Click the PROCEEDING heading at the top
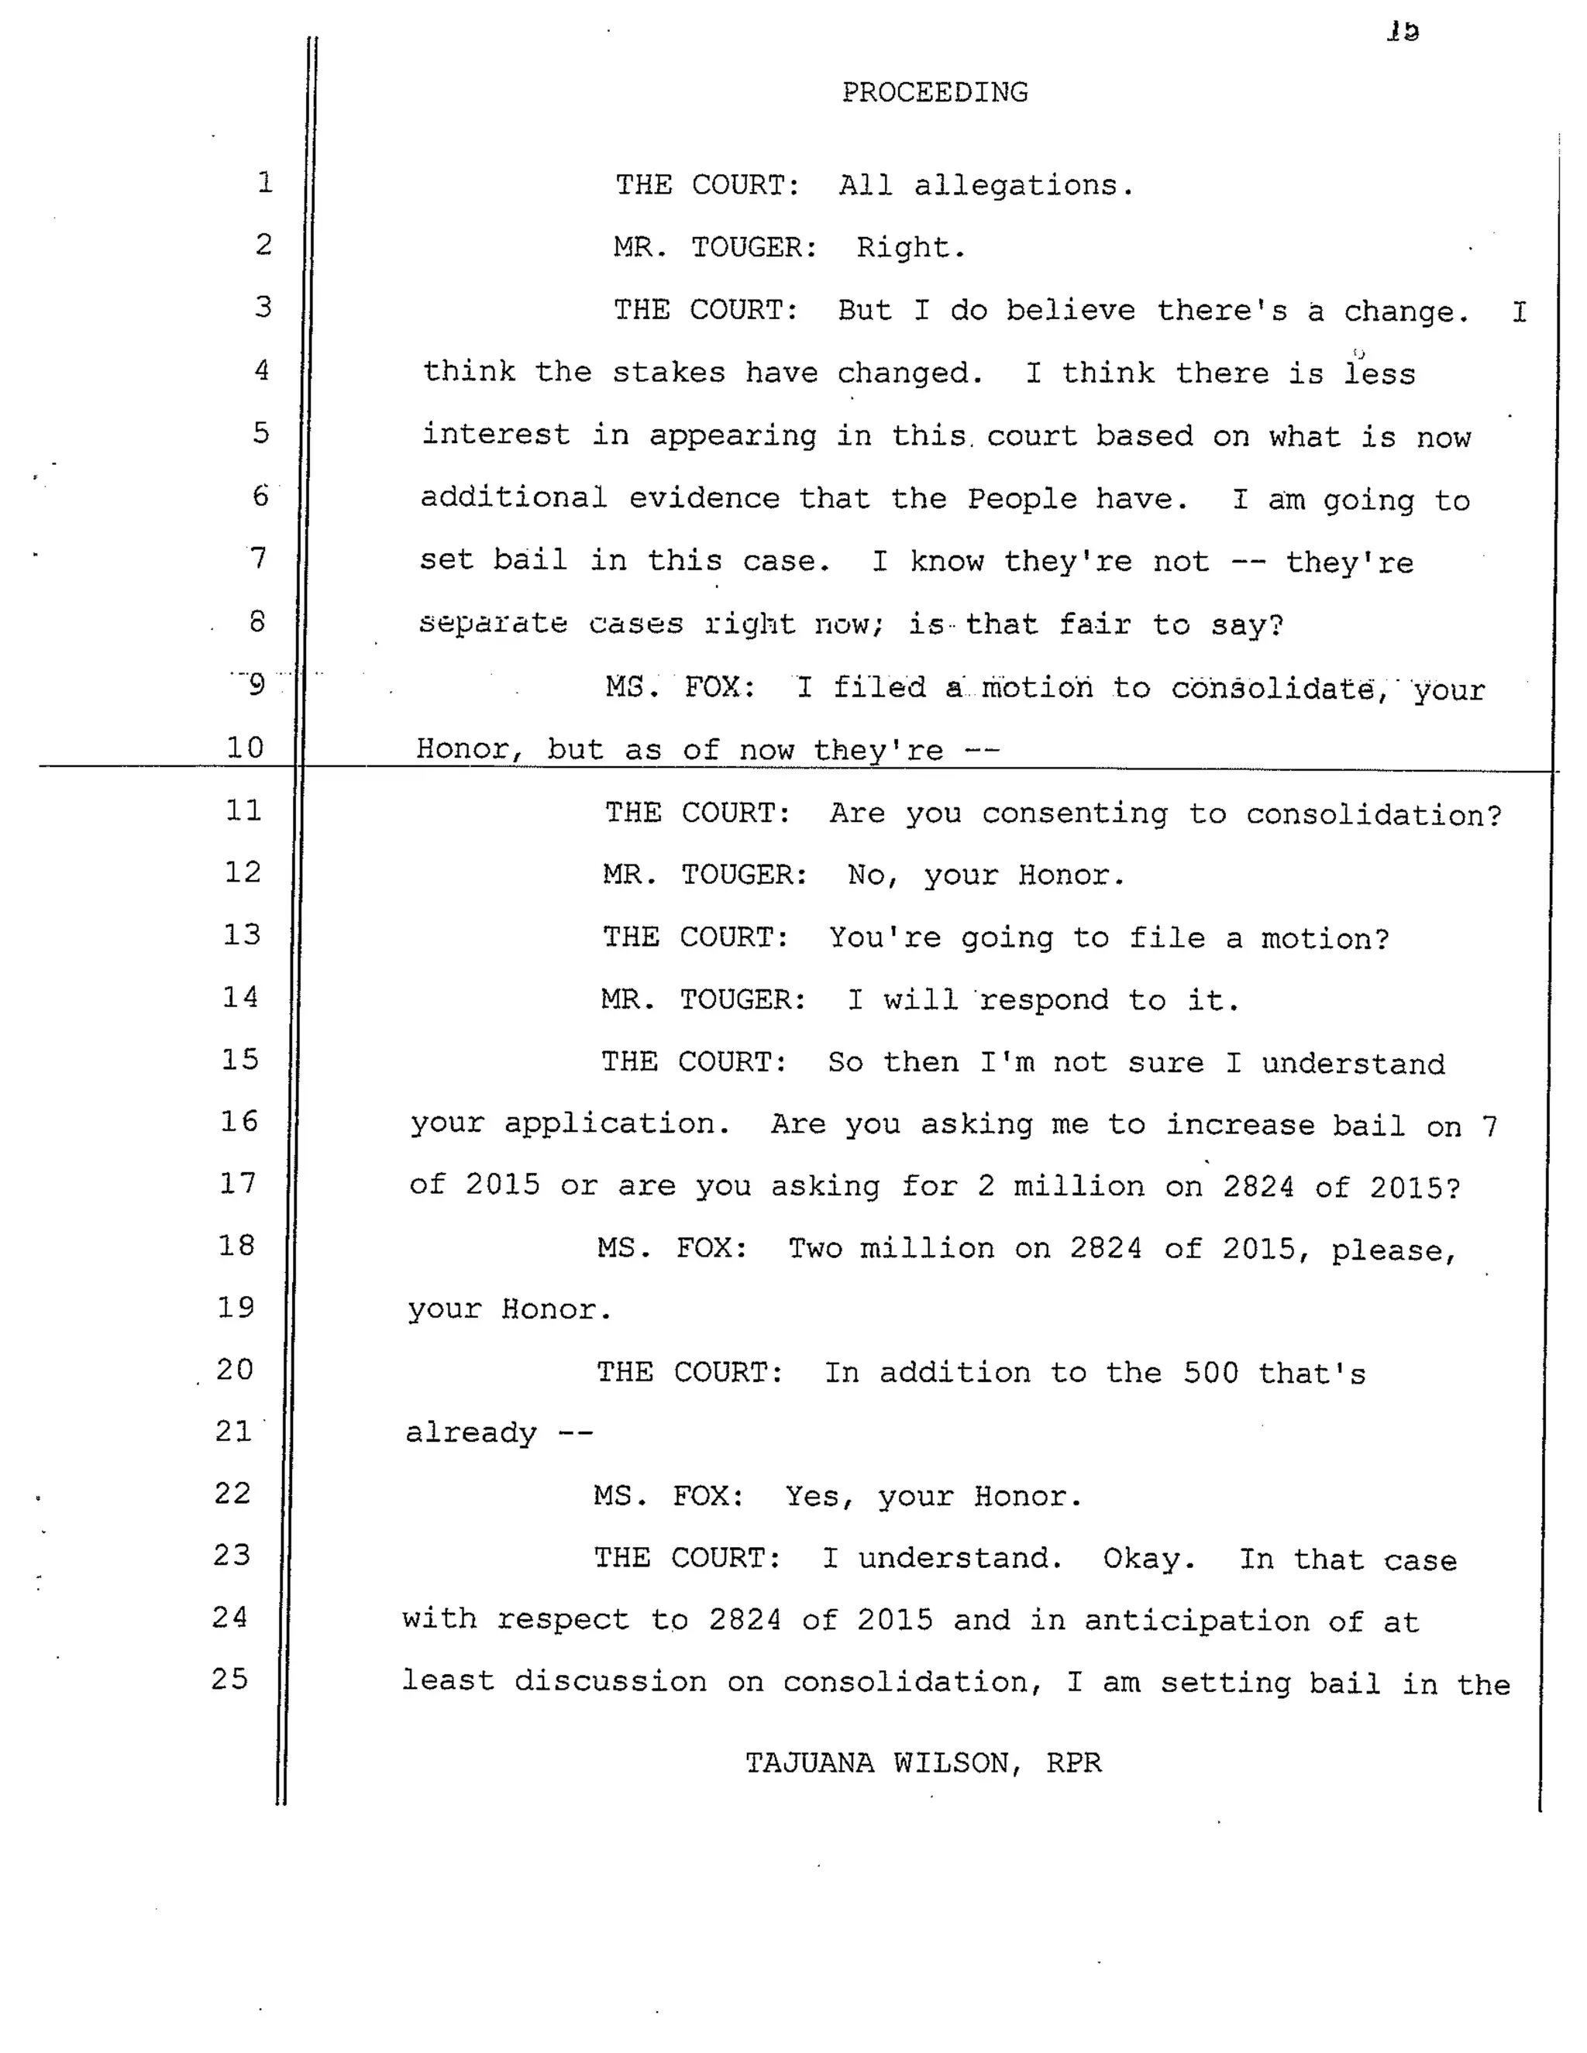(935, 92)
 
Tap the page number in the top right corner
(1403, 32)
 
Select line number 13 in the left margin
(242, 934)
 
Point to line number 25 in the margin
(230, 1679)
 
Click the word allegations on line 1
(1024, 185)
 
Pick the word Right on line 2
(910, 248)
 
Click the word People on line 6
(1022, 498)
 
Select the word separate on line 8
(494, 623)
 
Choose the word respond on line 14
(1044, 999)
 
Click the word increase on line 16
(1239, 1125)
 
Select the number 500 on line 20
(1211, 1373)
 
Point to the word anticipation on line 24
(1196, 1621)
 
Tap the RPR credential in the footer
(1074, 1762)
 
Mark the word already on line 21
(471, 1433)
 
